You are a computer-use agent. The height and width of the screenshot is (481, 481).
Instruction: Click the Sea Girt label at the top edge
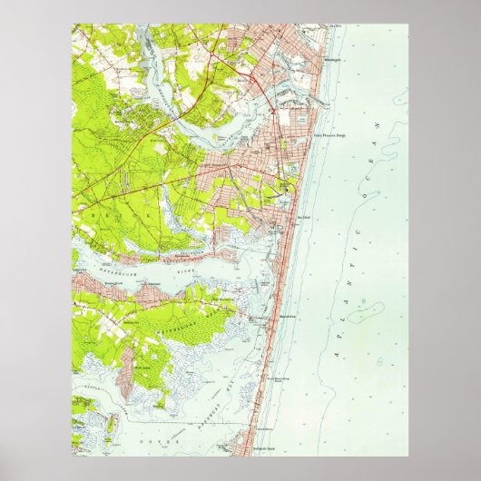point(337,26)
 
